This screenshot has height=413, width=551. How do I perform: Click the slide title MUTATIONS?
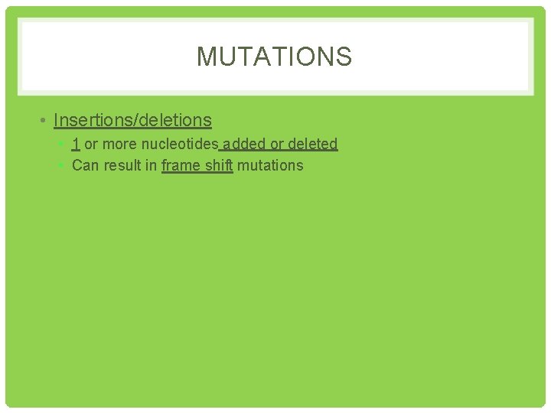tap(274, 57)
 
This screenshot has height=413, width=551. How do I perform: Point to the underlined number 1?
tap(76, 144)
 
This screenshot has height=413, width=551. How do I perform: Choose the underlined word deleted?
tap(312, 144)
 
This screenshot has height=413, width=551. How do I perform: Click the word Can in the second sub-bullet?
tap(84, 165)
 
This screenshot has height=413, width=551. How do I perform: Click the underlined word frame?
tap(179, 165)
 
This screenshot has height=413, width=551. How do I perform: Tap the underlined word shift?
tap(217, 165)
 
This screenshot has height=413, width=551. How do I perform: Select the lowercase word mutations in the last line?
tap(270, 165)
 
